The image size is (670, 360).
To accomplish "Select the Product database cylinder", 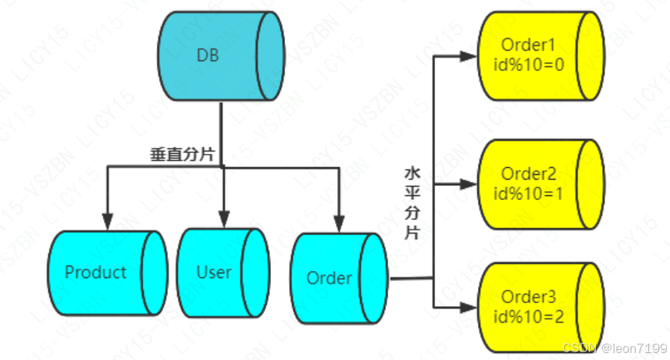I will coord(107,273).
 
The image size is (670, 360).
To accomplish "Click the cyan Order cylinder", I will coord(339,278).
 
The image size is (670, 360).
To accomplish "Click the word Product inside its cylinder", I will coord(95,273).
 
